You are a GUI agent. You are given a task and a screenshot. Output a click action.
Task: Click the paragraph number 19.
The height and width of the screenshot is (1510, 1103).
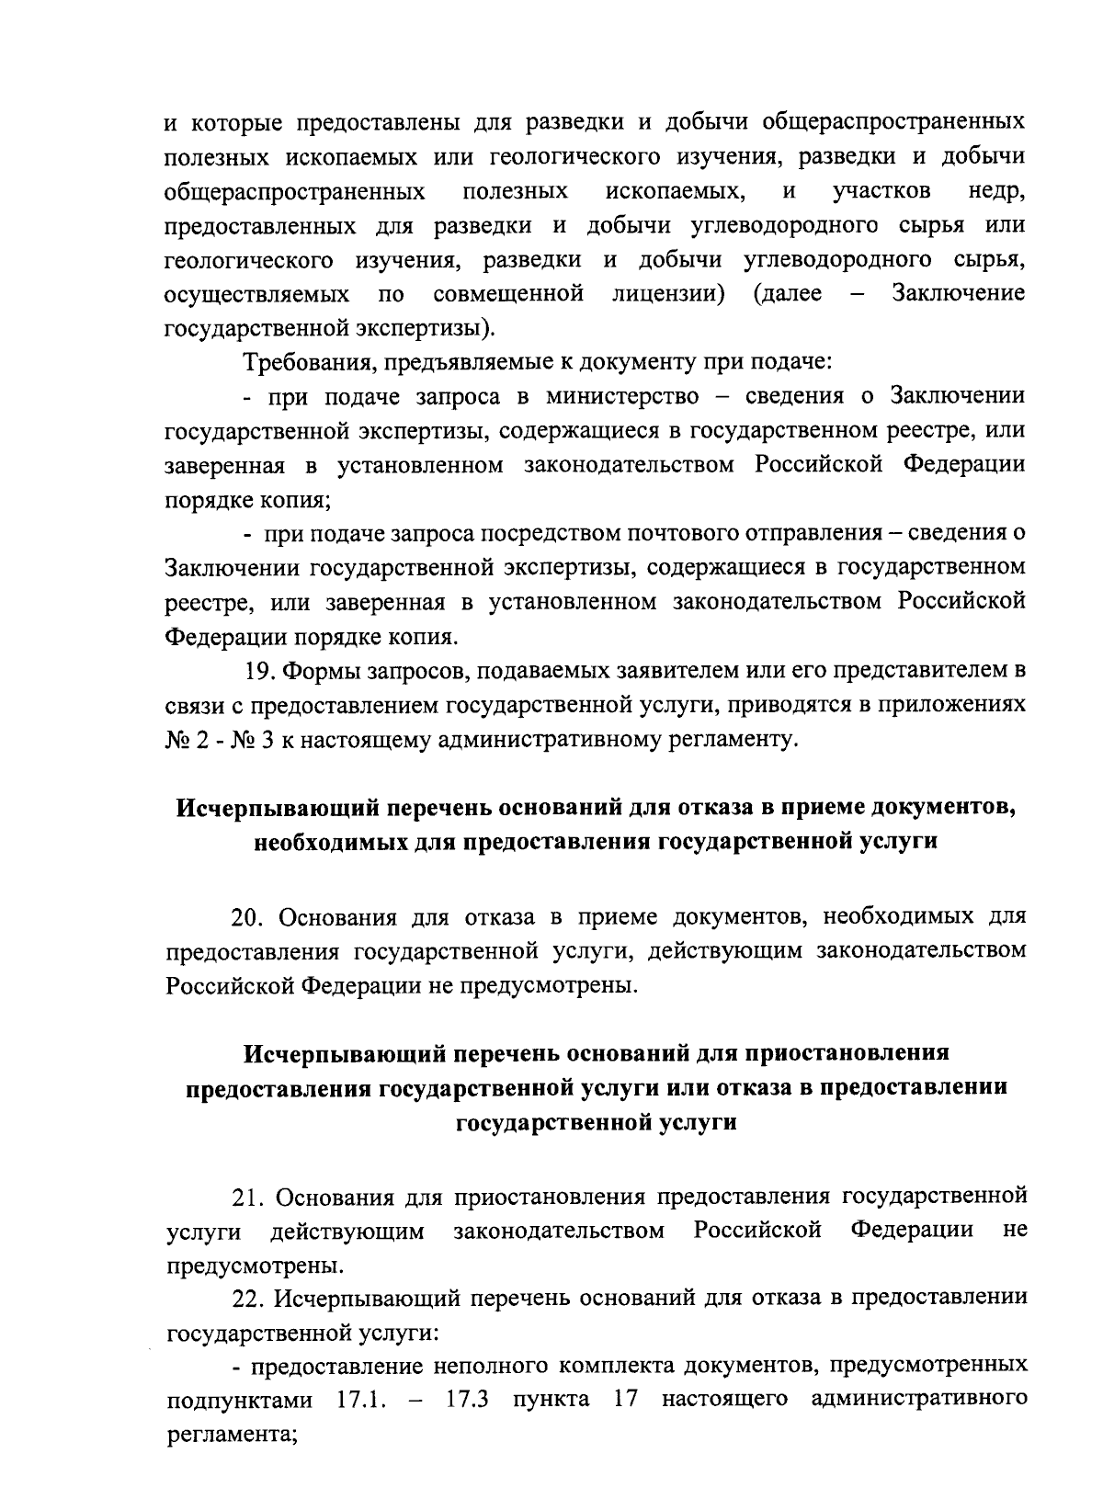(x=260, y=671)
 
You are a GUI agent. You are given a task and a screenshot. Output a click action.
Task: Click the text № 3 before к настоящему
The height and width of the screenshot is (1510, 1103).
(x=245, y=741)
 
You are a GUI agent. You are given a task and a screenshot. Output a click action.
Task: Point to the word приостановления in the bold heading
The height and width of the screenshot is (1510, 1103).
(x=851, y=1051)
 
